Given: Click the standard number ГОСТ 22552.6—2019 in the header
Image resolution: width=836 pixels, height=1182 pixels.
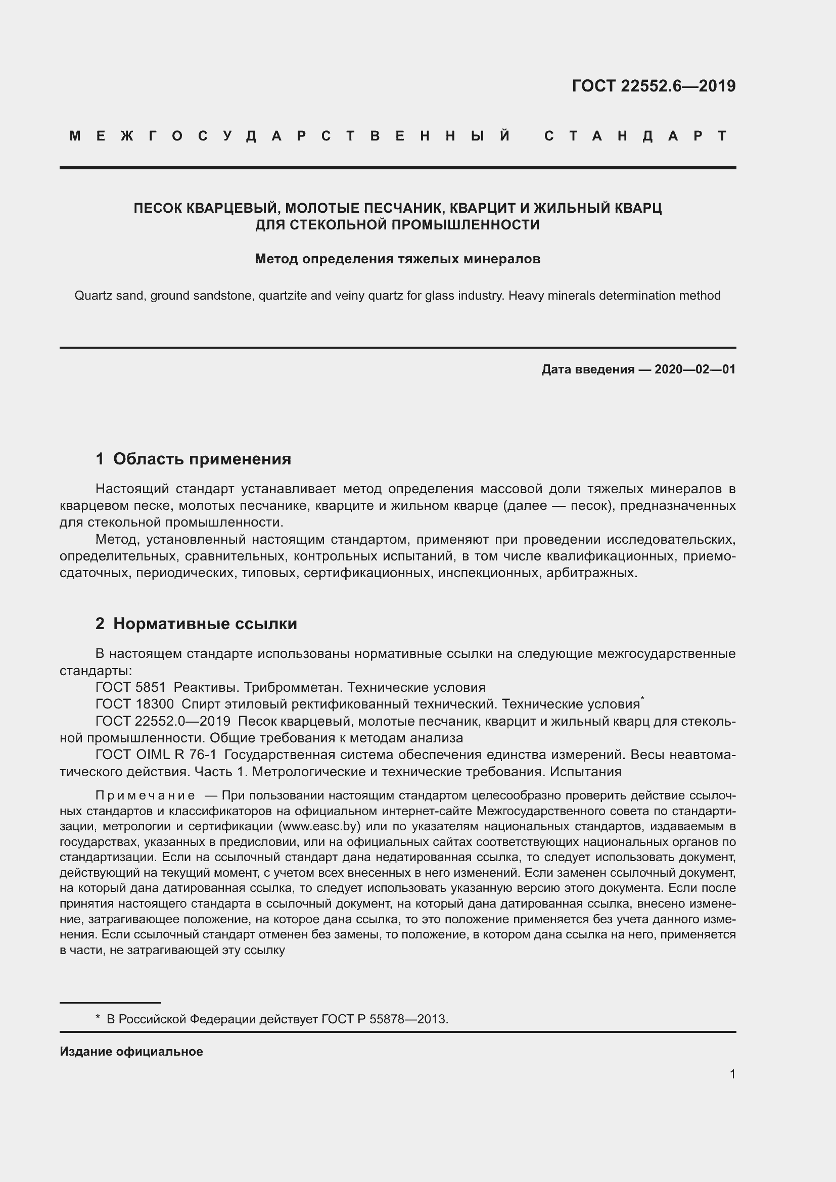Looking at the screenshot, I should [653, 86].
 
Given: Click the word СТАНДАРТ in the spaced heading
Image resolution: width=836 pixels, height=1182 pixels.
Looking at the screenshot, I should [636, 136].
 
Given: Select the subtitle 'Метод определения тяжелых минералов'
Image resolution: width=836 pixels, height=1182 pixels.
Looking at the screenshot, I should [397, 259].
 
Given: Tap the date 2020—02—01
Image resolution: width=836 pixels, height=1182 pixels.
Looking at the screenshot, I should [695, 369].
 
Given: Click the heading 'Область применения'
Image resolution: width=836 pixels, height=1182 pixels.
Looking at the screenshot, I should [202, 459].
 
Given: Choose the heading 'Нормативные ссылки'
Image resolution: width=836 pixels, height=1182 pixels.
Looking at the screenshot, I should [205, 624].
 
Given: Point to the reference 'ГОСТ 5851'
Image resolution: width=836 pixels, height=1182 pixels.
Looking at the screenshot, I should [131, 687].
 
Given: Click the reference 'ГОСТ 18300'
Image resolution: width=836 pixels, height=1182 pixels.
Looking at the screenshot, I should [135, 704].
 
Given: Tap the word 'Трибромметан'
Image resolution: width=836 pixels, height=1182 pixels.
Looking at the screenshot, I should [294, 687].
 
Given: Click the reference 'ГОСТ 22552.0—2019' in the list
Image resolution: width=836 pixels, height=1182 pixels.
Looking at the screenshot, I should [163, 721].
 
